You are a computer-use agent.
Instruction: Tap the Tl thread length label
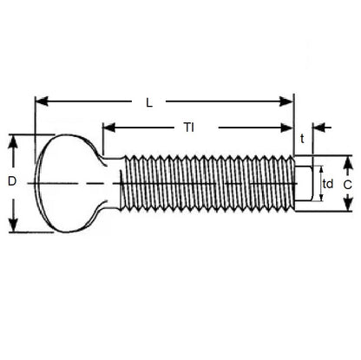[188, 128]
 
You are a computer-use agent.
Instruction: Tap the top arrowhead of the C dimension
[347, 160]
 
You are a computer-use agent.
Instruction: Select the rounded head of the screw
[65, 183]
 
